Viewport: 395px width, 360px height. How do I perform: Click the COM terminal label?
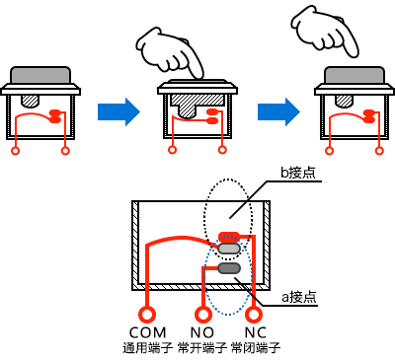[x=148, y=332]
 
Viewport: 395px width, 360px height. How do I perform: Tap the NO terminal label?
[x=202, y=332]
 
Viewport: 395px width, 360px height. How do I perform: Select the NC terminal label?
[x=255, y=332]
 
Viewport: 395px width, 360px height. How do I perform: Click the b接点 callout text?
[x=298, y=173]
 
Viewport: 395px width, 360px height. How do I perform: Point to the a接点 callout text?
[x=299, y=297]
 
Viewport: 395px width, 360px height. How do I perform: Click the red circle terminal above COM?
[x=147, y=315]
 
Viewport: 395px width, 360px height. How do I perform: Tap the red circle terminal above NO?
[x=202, y=315]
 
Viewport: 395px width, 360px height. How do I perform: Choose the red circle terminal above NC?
[x=254, y=315]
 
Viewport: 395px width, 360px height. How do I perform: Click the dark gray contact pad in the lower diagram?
[x=229, y=268]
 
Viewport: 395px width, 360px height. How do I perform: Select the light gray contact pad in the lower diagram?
[x=229, y=249]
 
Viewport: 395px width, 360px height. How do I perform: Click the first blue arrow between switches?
[x=118, y=111]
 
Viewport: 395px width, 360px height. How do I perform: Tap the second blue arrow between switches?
[x=278, y=111]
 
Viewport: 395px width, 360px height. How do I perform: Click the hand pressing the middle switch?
[x=170, y=52]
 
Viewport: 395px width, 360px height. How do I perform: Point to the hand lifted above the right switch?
[x=325, y=32]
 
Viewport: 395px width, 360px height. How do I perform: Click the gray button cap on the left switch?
[x=40, y=75]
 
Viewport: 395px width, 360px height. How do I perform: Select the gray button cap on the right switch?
[x=355, y=75]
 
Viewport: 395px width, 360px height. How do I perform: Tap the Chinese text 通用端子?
[x=148, y=348]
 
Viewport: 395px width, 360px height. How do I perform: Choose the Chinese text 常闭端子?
[x=256, y=348]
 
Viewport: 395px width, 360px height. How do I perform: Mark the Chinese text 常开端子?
[x=202, y=348]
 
